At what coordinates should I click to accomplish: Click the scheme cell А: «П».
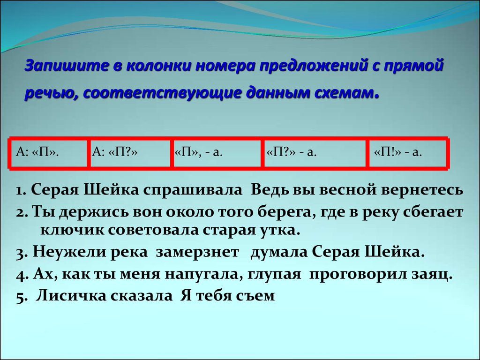click(49, 152)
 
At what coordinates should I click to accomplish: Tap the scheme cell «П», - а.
click(217, 152)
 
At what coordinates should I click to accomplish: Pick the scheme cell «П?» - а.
click(315, 152)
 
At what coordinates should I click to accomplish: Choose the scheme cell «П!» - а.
click(407, 152)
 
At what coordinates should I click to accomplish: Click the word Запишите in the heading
click(67, 65)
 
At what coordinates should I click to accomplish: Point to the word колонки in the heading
click(157, 65)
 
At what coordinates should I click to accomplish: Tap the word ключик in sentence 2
click(72, 230)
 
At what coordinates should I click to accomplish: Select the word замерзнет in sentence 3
click(197, 252)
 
